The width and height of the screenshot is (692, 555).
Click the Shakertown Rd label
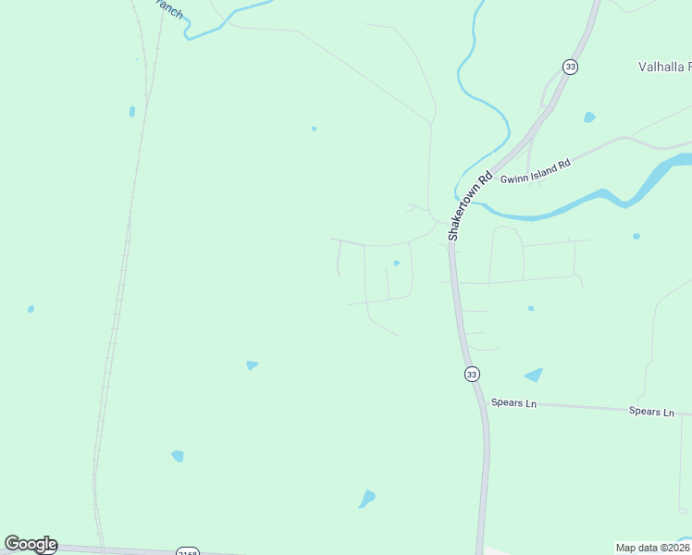tap(468, 206)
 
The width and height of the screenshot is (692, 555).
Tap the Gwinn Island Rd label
tap(536, 170)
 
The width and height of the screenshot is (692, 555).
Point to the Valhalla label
tap(664, 67)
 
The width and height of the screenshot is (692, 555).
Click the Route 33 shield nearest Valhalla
tap(570, 67)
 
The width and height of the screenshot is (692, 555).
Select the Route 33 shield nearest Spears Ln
tap(472, 374)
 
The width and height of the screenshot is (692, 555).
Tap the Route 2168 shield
tap(188, 549)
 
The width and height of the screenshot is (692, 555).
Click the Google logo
tap(31, 544)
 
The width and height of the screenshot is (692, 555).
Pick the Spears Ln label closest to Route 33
tap(513, 403)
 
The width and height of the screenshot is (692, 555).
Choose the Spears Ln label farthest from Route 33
tap(651, 411)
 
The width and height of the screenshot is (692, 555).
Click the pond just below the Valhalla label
tap(589, 117)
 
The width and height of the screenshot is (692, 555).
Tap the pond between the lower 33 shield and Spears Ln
tap(534, 376)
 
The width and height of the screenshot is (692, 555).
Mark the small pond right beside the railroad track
tap(132, 111)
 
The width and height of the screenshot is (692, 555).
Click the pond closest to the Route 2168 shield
tap(178, 456)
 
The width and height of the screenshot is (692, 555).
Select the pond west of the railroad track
tap(31, 309)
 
